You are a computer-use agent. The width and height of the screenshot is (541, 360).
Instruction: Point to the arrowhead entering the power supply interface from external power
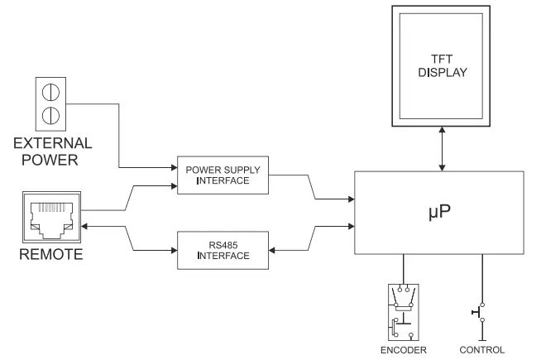point(173,164)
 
